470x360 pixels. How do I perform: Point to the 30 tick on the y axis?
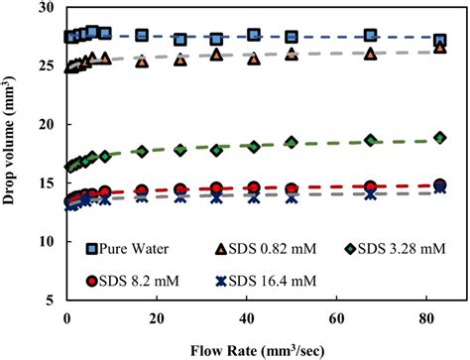tap(45, 8)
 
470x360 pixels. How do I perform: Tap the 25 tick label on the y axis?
tap(45, 66)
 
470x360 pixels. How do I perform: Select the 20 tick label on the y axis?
tap(45, 125)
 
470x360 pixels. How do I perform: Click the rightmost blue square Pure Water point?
tap(439, 41)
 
